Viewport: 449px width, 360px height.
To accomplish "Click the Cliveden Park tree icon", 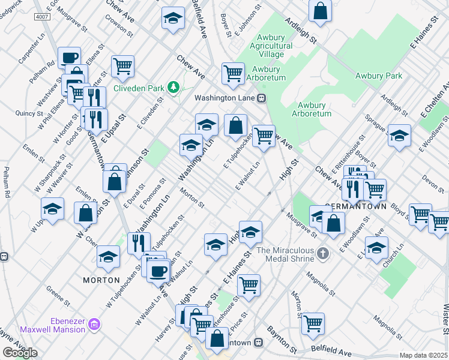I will (173, 88).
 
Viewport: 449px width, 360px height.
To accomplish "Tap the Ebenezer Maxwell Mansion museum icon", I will (93, 325).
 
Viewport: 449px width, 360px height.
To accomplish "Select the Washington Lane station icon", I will (262, 98).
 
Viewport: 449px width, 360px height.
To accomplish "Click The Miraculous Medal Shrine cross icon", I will (323, 253).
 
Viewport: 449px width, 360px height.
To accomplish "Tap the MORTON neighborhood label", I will (98, 280).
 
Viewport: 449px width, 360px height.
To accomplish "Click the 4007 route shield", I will (42, 17).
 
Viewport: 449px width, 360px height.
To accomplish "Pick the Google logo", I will (20, 352).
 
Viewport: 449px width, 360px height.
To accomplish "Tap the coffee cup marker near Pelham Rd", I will (70, 58).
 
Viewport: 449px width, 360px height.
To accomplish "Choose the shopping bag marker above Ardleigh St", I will (321, 10).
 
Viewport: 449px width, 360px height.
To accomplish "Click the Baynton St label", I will (282, 338).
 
